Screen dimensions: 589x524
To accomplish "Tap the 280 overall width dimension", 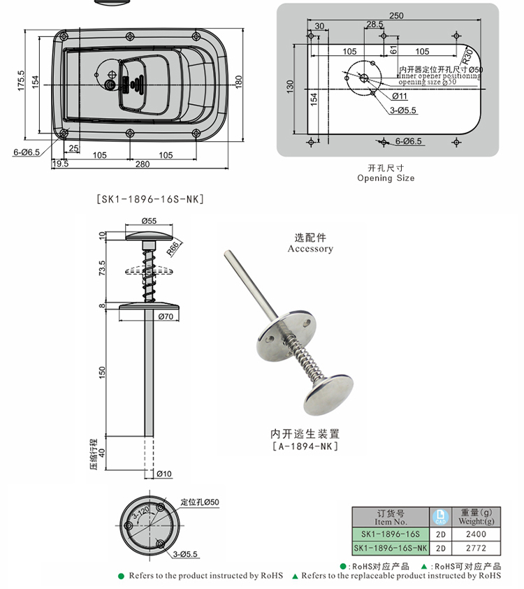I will [x=143, y=164].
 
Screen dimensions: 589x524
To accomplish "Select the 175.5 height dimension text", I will [x=21, y=80].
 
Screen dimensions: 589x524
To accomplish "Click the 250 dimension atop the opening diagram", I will [x=396, y=15].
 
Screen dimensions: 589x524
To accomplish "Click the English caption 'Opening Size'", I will [x=386, y=178].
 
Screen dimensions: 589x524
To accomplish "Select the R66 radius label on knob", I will [x=175, y=245].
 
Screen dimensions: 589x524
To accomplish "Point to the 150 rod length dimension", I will [x=102, y=372].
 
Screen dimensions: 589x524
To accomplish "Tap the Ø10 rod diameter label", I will [x=164, y=474].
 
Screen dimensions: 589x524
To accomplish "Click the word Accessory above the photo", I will [x=310, y=249].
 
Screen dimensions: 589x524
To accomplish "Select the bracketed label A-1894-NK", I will [x=305, y=446].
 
